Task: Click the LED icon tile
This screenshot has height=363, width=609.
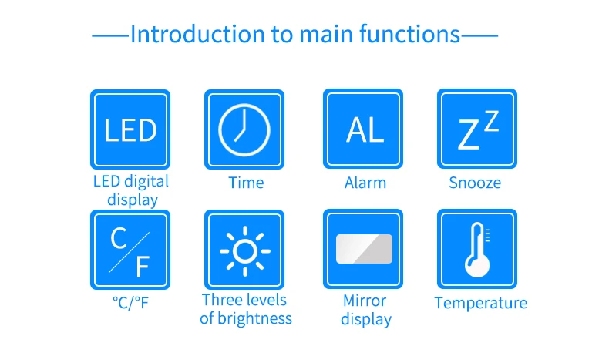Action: [x=130, y=129]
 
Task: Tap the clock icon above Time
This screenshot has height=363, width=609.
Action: [x=244, y=129]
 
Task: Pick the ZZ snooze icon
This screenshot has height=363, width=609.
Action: [x=477, y=129]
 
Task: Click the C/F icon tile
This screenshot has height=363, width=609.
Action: [x=130, y=250]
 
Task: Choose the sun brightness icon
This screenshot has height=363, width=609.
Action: [x=244, y=250]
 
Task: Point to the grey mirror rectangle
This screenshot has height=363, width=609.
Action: [x=364, y=249]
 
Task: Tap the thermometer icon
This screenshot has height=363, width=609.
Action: [x=477, y=249]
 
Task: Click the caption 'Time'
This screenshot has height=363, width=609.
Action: [x=246, y=183]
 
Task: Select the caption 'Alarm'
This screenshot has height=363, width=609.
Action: [x=365, y=183]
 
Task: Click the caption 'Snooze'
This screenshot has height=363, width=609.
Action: [x=475, y=183]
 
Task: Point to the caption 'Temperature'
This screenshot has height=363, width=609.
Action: [x=480, y=303]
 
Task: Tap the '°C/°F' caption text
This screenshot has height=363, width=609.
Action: [x=130, y=303]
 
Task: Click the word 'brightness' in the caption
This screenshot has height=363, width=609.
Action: [x=254, y=318]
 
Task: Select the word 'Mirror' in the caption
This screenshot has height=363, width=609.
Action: [x=365, y=301]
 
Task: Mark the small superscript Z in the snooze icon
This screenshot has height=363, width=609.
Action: [x=491, y=121]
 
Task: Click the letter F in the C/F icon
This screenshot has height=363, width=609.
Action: [x=142, y=267]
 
